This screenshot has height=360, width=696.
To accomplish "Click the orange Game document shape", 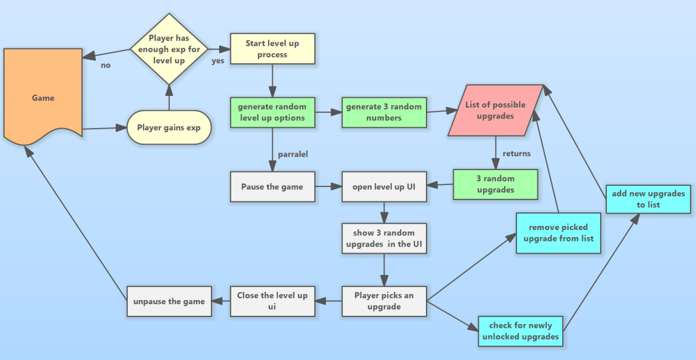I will pyautogui.click(x=43, y=97).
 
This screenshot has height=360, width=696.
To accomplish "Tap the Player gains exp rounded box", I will pyautogui.click(x=169, y=127).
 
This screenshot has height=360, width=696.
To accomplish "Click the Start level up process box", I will pyautogui.click(x=272, y=49).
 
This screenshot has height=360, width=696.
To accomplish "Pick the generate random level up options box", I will pyautogui.click(x=272, y=112).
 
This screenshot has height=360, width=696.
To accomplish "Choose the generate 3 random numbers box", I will pyautogui.click(x=384, y=112).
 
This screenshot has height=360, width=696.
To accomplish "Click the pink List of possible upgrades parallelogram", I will pyautogui.click(x=495, y=110).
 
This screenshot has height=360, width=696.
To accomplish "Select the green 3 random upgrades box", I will pyautogui.click(x=495, y=184).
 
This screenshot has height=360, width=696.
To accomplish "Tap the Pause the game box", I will pyautogui.click(x=272, y=186).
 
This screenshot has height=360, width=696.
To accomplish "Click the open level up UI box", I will pyautogui.click(x=384, y=186).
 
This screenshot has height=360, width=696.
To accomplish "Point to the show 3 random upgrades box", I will pyautogui.click(x=384, y=238).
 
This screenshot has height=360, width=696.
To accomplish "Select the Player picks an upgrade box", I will pyautogui.click(x=384, y=301).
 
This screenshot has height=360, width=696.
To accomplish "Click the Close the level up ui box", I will pyautogui.click(x=272, y=301).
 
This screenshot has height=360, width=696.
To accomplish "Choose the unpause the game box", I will pyautogui.click(x=169, y=301).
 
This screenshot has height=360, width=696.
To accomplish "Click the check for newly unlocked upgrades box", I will pyautogui.click(x=521, y=331).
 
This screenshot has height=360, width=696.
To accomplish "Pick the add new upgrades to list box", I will pyautogui.click(x=639, y=199).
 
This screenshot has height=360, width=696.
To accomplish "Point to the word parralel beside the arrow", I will pyautogui.click(x=293, y=154).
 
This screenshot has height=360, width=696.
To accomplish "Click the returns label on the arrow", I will pyautogui.click(x=516, y=154).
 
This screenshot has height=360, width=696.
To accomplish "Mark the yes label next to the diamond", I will pyautogui.click(x=218, y=61).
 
